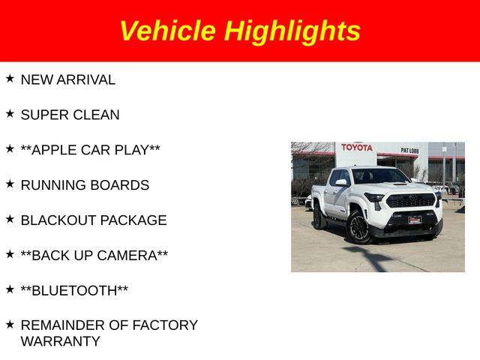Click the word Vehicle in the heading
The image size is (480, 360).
168,30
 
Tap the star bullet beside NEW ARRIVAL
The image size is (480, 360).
10,78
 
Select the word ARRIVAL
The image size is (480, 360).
86,80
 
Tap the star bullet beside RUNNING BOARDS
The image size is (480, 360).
10,184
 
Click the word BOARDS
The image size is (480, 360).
120,185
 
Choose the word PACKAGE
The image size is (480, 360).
133,220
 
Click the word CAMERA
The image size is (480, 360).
127,256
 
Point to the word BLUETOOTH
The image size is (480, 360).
74,291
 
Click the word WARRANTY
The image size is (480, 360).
61,341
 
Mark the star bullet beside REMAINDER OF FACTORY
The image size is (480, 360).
10,325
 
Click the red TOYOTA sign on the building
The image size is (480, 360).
357,148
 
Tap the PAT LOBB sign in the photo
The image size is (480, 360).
409,151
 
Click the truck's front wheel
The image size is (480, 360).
358,227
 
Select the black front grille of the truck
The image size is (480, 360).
410,200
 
